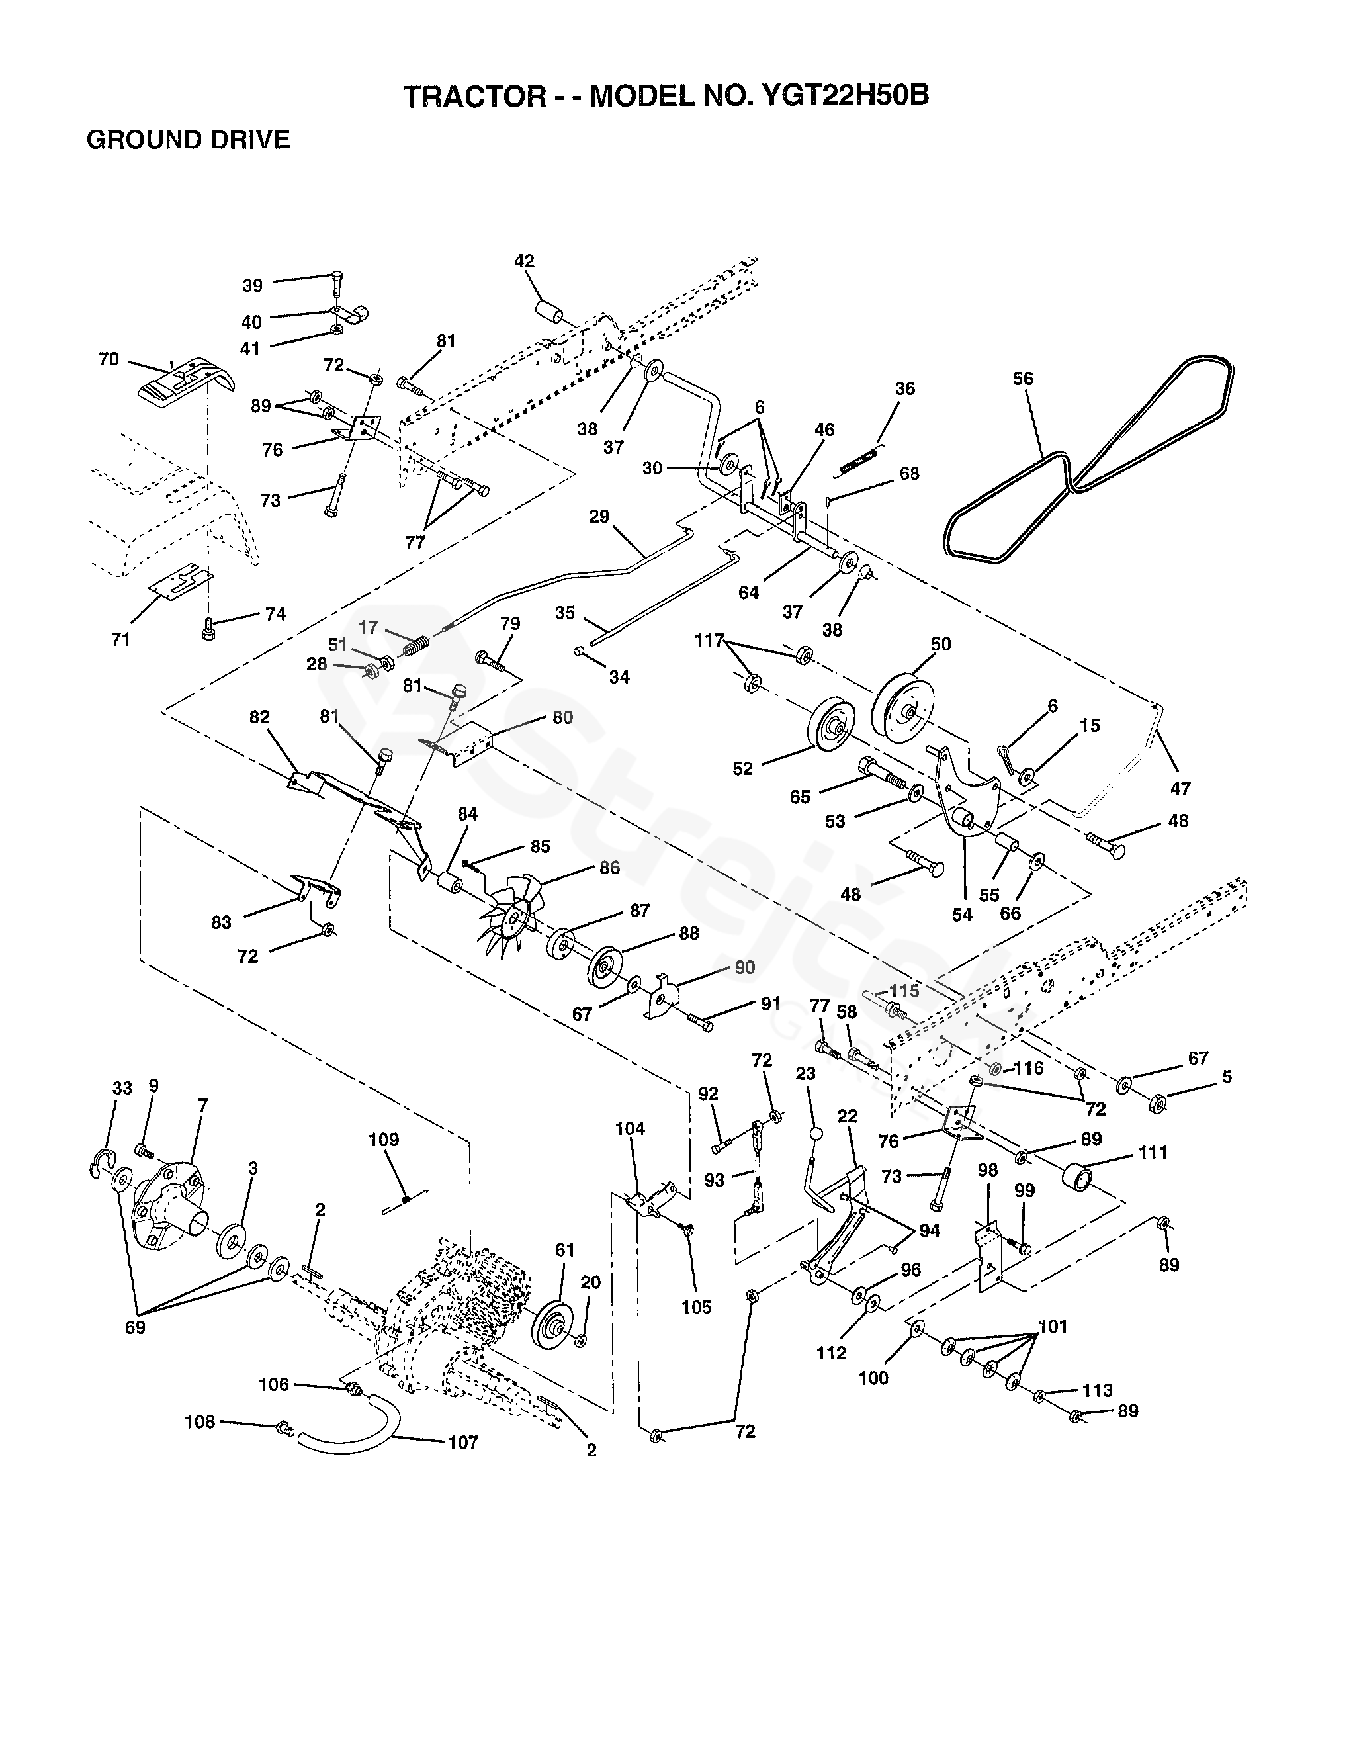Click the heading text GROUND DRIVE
tap(188, 140)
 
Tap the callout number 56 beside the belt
tap(1023, 379)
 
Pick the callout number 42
tap(525, 261)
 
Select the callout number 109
tap(383, 1140)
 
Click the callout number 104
tap(631, 1129)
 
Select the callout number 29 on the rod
tap(599, 517)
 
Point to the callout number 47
tap(1180, 789)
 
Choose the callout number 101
tap(1053, 1327)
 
